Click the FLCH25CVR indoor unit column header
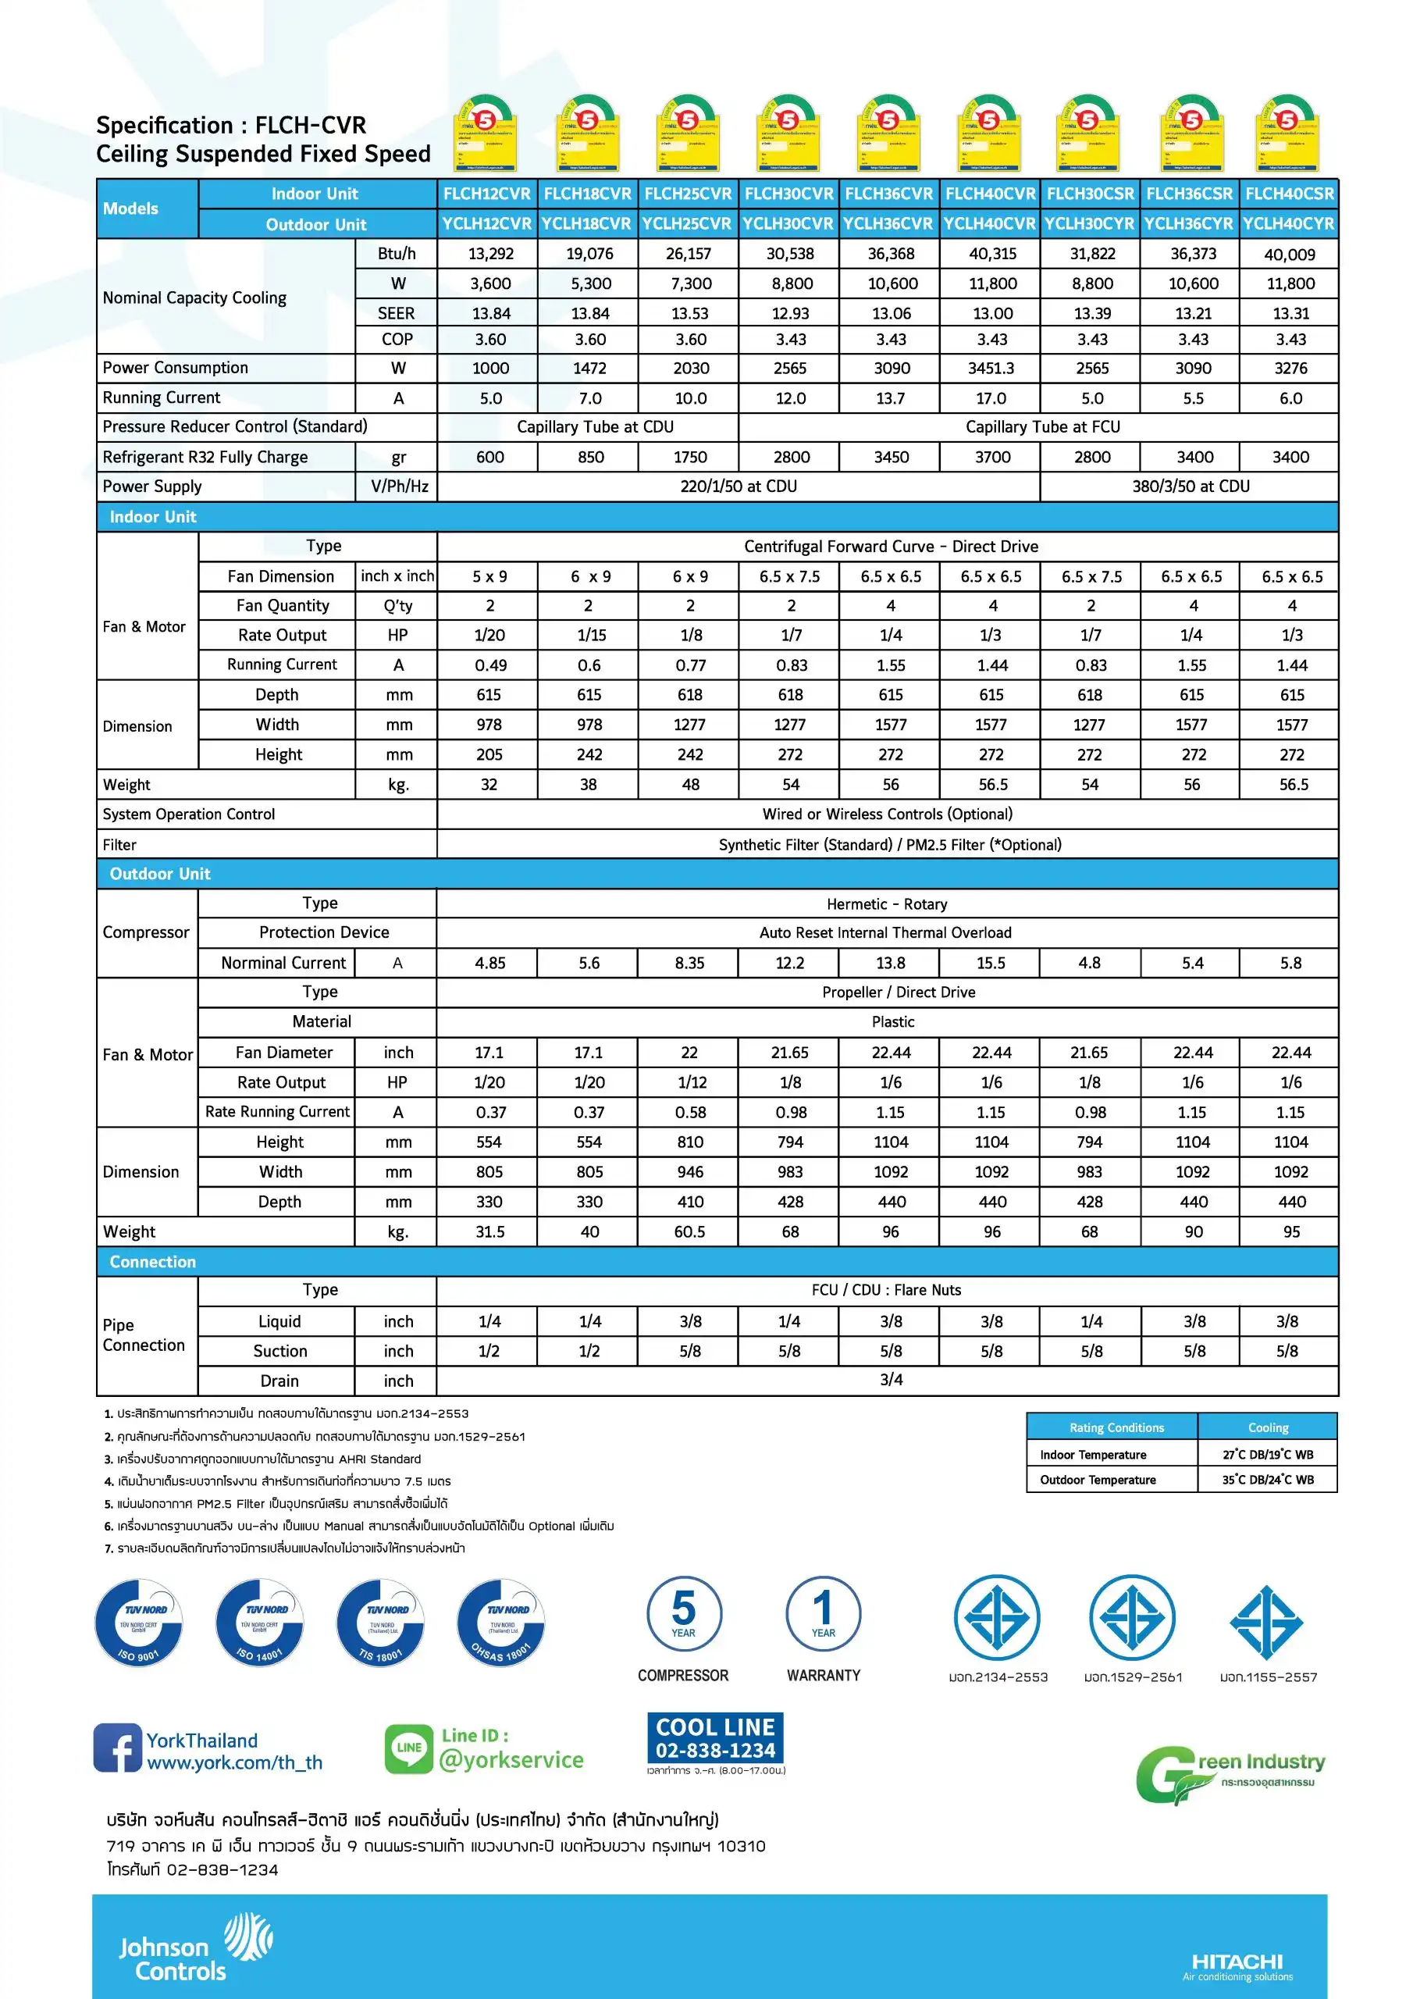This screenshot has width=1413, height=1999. [688, 194]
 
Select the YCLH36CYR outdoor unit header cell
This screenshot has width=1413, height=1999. [1188, 224]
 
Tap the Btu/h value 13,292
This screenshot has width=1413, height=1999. [491, 253]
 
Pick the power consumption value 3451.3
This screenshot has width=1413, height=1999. [991, 369]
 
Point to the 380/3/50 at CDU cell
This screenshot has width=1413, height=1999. [1191, 486]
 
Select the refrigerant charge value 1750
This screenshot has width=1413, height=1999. [689, 457]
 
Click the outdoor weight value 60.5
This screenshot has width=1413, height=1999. [689, 1231]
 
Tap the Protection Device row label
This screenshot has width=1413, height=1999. [324, 932]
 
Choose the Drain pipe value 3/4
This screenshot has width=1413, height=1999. [891, 1379]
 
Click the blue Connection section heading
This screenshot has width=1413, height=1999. [152, 1262]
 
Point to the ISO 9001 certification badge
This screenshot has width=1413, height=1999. [138, 1623]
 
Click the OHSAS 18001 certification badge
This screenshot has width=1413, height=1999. [500, 1623]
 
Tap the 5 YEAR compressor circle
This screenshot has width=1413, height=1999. [683, 1612]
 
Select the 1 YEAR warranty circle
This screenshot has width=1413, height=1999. [823, 1612]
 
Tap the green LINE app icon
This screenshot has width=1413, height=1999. [408, 1748]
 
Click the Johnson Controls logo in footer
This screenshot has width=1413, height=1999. [195, 1947]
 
